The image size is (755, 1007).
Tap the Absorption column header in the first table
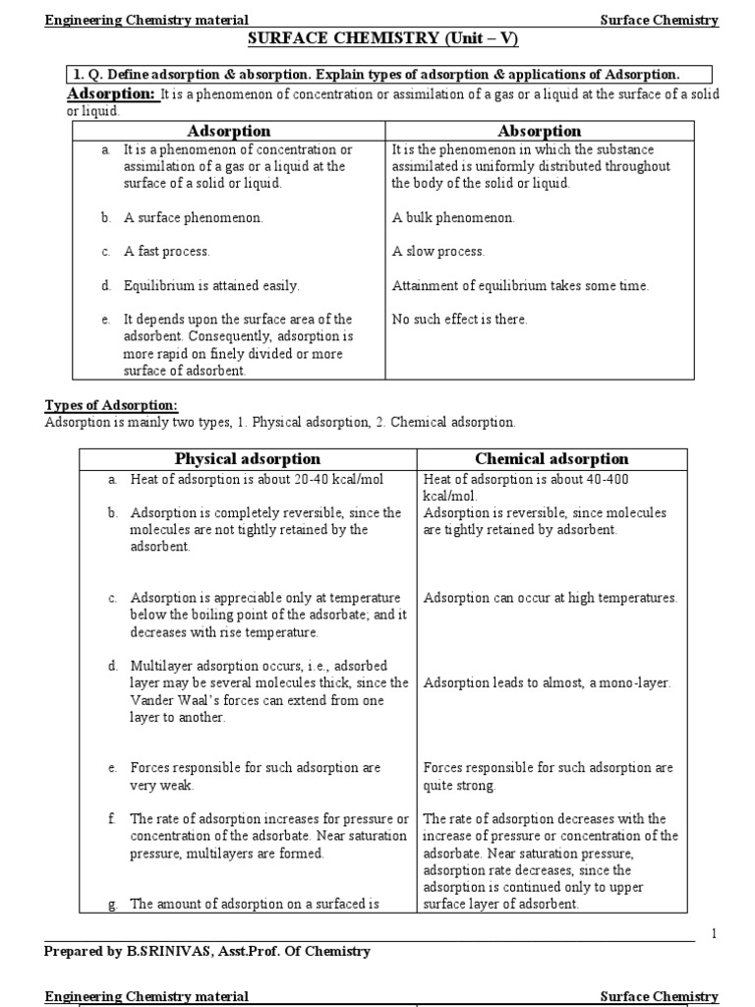pos(539,131)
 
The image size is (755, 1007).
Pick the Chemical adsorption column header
pos(552,459)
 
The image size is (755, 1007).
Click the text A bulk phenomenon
pos(452,218)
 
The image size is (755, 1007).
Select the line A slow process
pos(438,252)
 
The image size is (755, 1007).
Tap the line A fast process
pos(166,252)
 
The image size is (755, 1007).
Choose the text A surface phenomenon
pos(180,218)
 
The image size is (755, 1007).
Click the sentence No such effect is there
pos(459,320)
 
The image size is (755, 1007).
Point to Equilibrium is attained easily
pos(211,286)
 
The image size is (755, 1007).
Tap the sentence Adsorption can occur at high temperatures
pos(550,598)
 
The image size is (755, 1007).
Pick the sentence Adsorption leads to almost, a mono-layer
pos(547,683)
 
